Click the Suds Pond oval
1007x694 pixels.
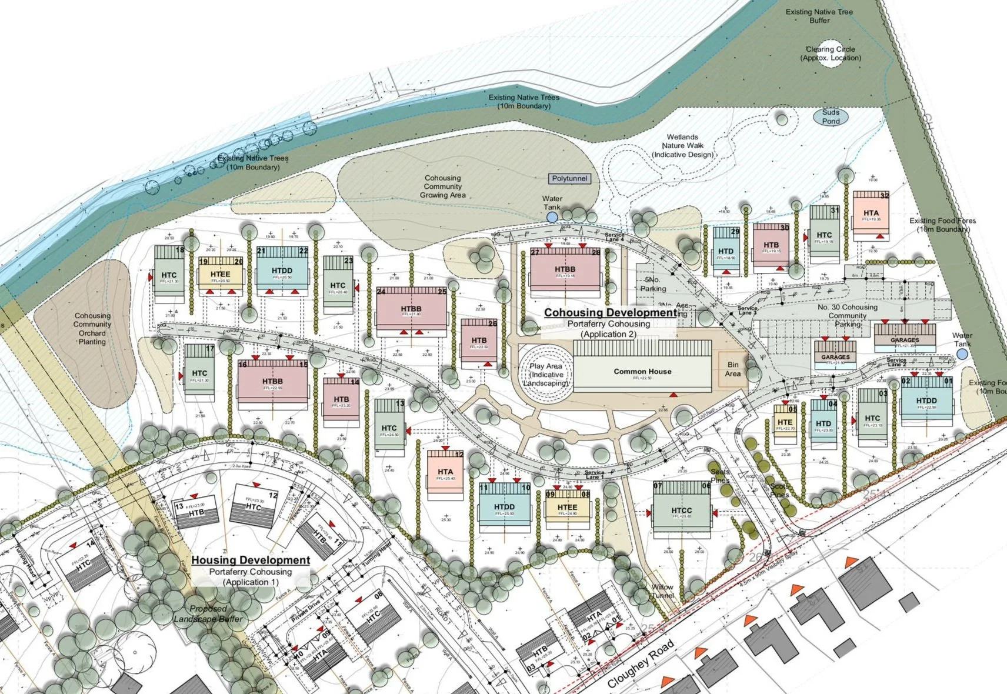(x=831, y=116)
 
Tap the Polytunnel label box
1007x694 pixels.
(x=569, y=178)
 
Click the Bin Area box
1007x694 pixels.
(x=733, y=369)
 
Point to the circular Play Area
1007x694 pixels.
(x=545, y=374)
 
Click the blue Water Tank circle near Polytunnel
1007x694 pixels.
(x=552, y=217)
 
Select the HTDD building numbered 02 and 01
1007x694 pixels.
(x=926, y=401)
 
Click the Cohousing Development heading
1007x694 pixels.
(x=610, y=312)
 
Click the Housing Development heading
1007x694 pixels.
(x=251, y=560)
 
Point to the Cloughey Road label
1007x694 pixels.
(x=641, y=663)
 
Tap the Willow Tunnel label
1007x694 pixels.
(x=662, y=591)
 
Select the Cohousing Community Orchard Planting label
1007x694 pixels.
(x=92, y=328)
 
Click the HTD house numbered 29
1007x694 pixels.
(x=726, y=251)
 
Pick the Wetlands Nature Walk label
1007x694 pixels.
(x=682, y=145)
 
